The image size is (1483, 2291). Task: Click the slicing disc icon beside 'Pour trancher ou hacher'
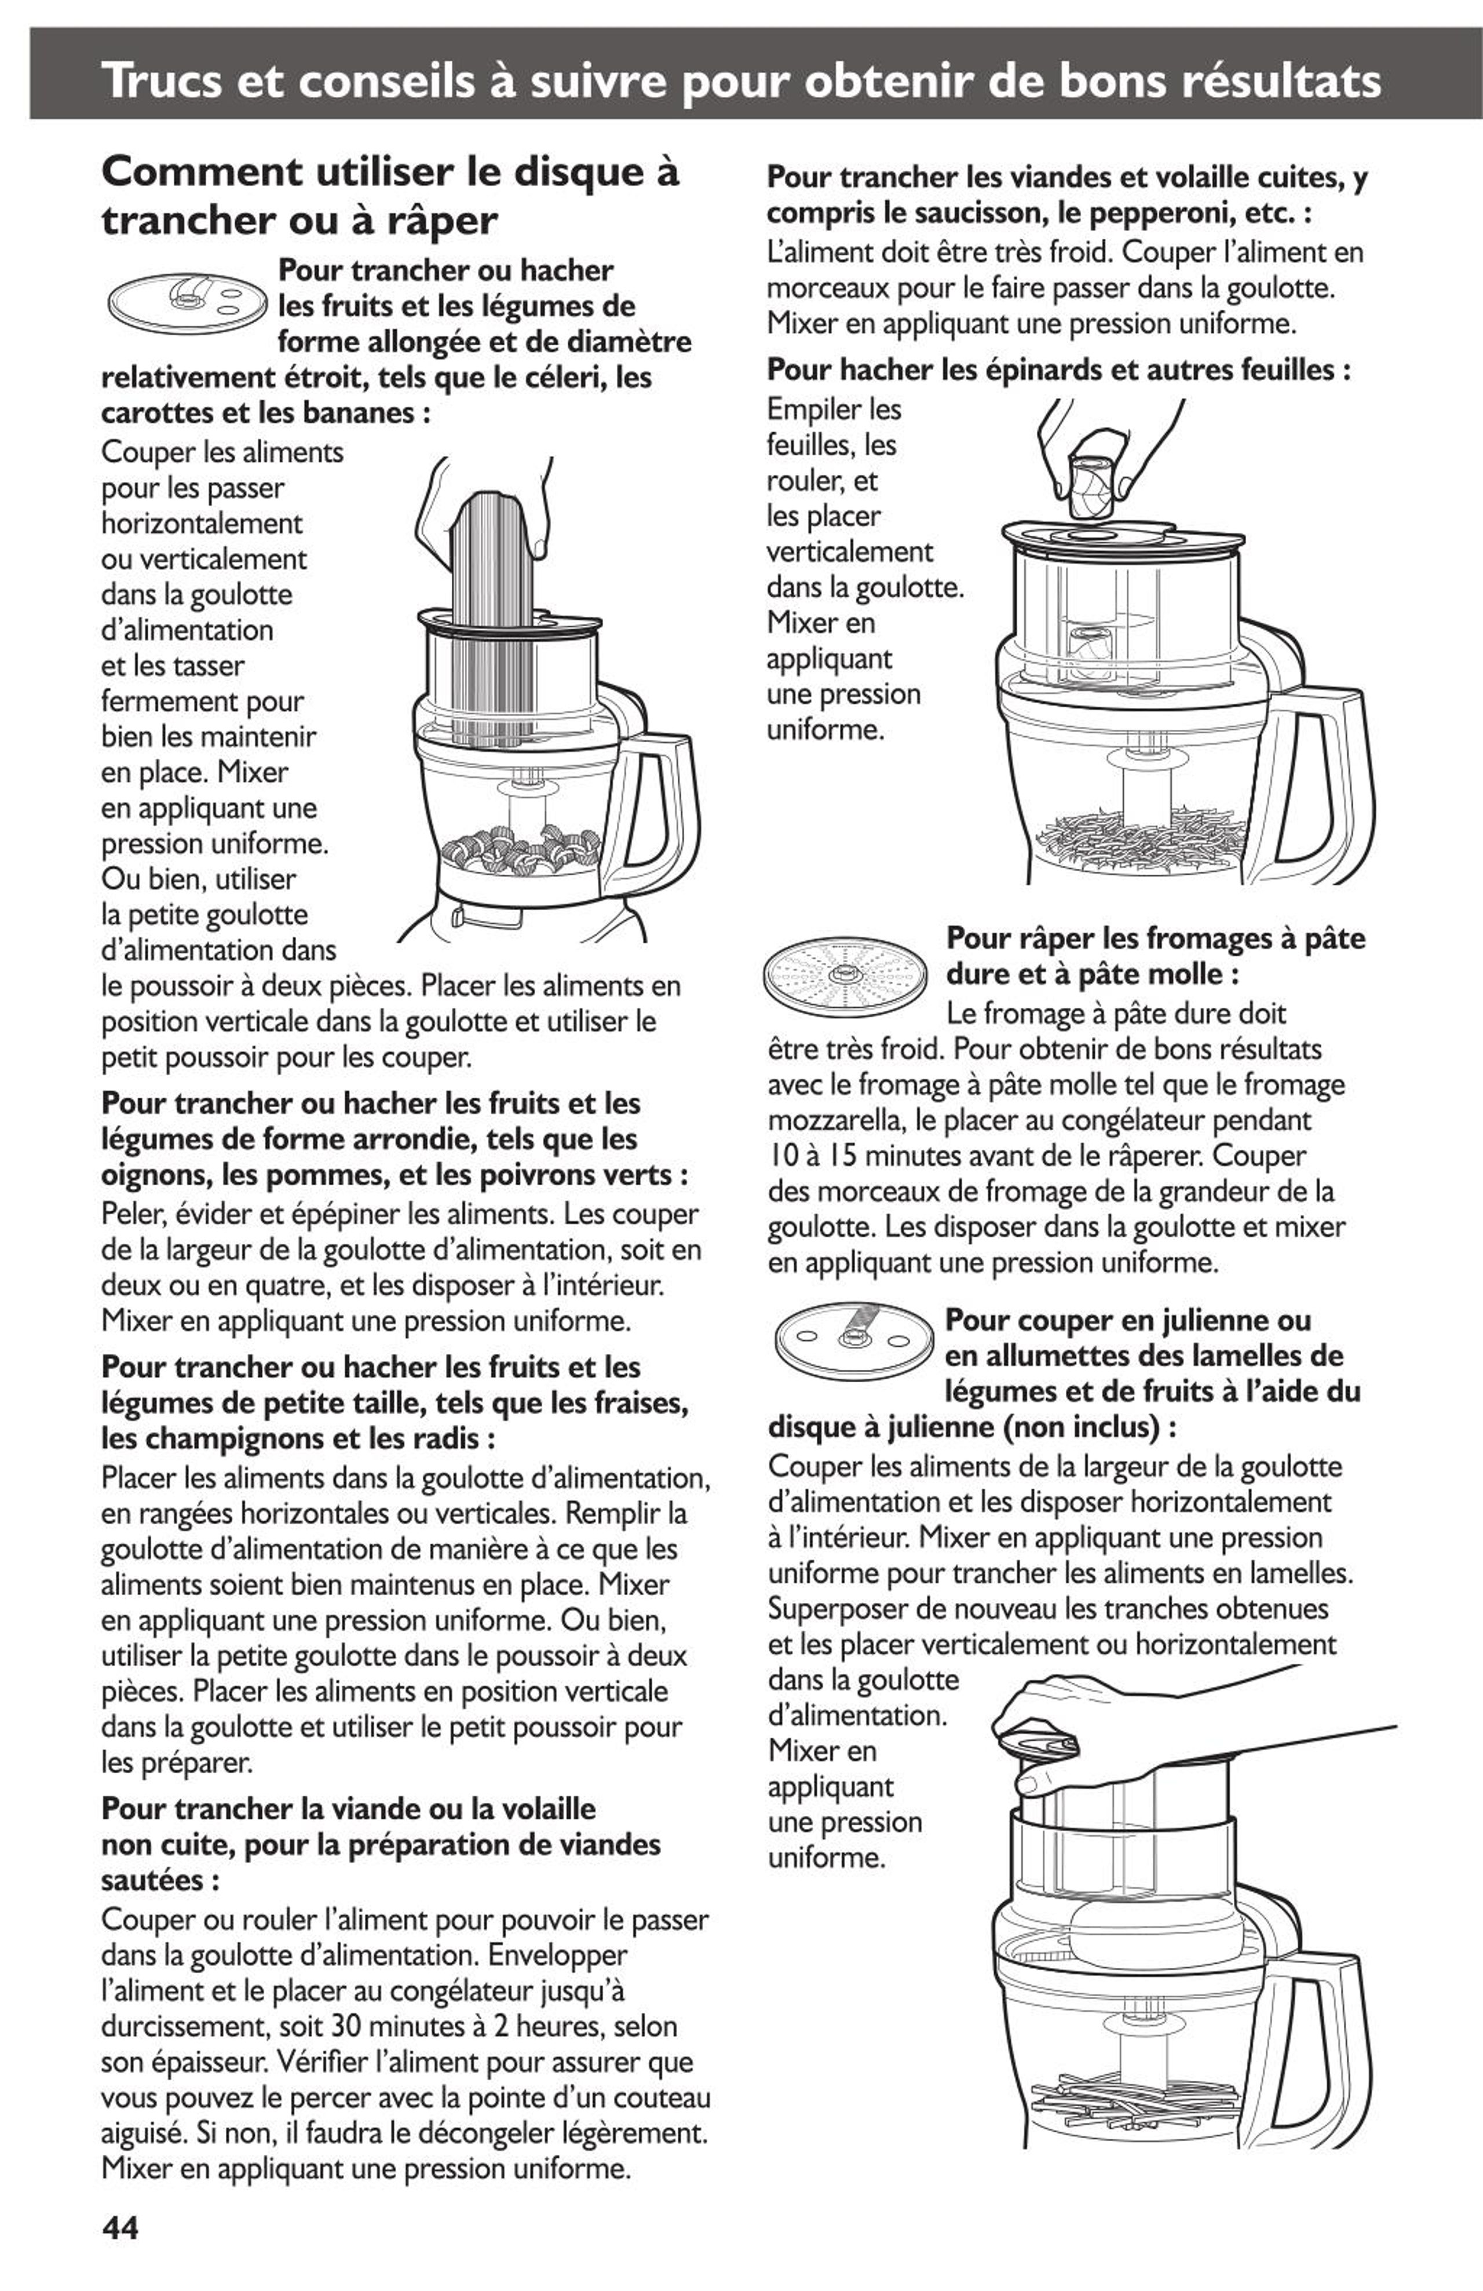[x=186, y=299]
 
